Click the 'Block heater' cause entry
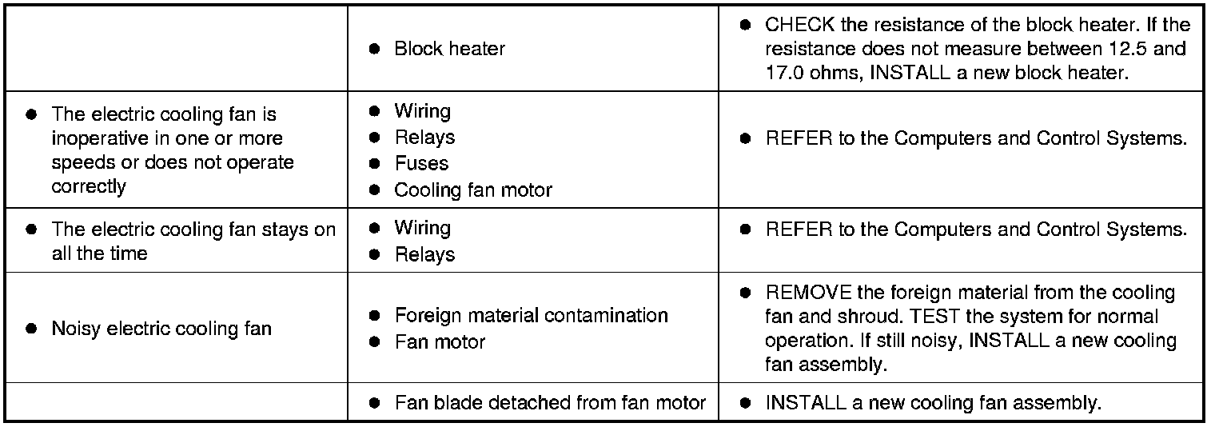point(449,49)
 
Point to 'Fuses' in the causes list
point(421,164)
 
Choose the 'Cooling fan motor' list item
point(473,190)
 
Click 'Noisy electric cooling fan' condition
point(161,329)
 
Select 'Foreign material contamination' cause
point(531,315)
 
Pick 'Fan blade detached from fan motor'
point(550,403)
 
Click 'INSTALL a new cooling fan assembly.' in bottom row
point(933,403)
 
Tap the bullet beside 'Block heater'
point(373,50)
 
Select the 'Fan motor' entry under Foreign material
point(440,341)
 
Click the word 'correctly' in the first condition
point(89,186)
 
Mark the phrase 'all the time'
point(99,253)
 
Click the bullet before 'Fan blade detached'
point(373,404)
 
